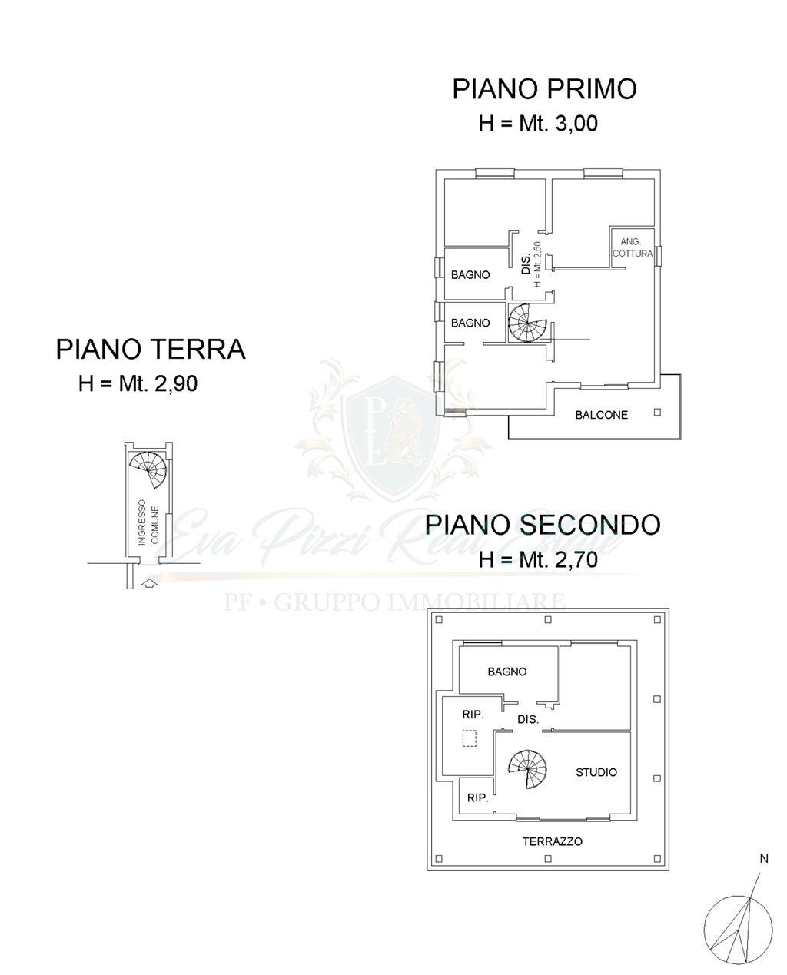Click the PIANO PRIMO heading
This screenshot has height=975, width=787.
pos(544,89)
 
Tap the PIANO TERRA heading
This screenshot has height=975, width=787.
pos(151,350)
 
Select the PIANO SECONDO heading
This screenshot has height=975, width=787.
pos(542,525)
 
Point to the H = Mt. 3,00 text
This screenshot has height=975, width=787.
pos(538,123)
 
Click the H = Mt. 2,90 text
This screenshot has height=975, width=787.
pos(138,383)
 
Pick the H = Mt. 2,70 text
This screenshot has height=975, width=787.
pos(538,559)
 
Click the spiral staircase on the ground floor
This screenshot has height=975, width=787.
pos(148,469)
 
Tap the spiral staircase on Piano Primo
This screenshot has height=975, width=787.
pos(527,323)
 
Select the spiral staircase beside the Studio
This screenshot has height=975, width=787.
pos(528,769)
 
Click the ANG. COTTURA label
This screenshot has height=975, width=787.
pos(632,248)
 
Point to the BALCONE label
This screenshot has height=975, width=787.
pos(601,415)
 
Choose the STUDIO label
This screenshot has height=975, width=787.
pos(596,772)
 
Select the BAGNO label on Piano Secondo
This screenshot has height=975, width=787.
pos(506,672)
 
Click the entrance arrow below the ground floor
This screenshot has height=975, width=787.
pos(149,582)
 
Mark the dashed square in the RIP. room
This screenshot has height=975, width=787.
pos(470,738)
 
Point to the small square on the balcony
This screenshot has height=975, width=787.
pos(657,413)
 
